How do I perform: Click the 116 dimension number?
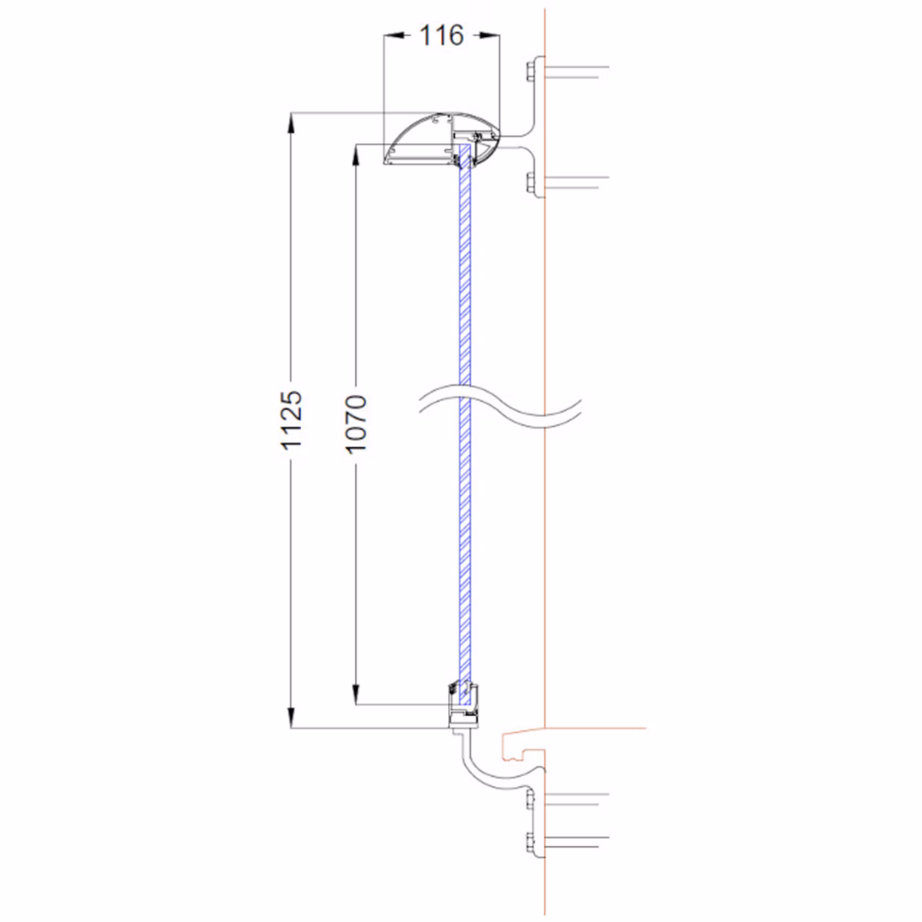tap(441, 35)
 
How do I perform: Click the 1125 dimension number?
tap(291, 420)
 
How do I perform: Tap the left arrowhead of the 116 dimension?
tap(393, 35)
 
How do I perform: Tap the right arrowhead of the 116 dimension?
tap(490, 35)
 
